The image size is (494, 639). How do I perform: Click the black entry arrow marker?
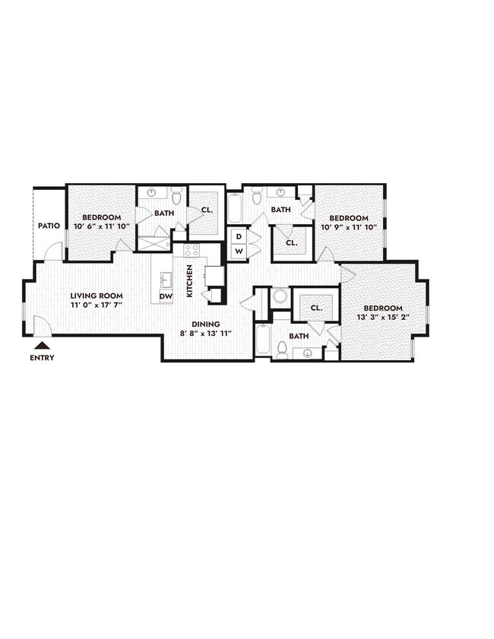click(43, 346)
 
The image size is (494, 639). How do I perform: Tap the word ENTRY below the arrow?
click(43, 358)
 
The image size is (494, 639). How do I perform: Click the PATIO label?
click(49, 226)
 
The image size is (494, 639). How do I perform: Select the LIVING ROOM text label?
click(97, 296)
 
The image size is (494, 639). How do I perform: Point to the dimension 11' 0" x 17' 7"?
click(97, 305)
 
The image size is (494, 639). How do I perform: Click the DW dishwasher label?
click(165, 296)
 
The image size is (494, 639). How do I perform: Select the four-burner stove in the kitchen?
click(192, 250)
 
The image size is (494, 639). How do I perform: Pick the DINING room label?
click(205, 324)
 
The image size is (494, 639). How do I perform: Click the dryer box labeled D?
click(238, 236)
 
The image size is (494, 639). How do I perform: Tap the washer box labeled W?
click(238, 251)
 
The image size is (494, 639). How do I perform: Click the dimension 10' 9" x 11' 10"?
click(348, 226)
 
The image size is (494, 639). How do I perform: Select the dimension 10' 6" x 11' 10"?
click(101, 226)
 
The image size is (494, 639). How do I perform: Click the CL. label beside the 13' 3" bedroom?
click(316, 308)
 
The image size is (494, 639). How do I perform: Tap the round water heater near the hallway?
click(280, 296)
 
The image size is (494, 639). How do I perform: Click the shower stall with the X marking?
click(154, 243)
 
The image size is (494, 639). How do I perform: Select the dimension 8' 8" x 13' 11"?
click(205, 333)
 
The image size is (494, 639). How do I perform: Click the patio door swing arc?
click(52, 250)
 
